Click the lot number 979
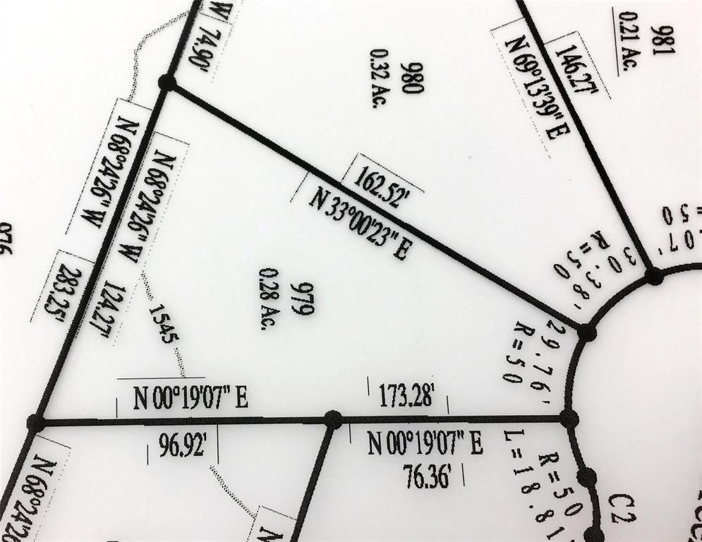[x=306, y=299]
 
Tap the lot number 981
[x=667, y=40]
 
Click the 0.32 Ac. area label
[x=379, y=78]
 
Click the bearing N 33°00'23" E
[x=360, y=224]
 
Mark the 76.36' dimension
[x=427, y=475]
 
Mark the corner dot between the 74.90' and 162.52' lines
[x=167, y=83]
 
